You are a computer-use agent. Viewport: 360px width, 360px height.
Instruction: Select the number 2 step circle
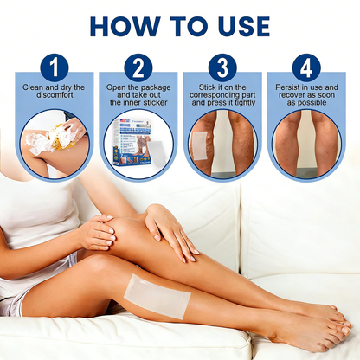tap(138, 67)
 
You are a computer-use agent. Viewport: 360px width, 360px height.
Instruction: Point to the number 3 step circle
tap(222, 67)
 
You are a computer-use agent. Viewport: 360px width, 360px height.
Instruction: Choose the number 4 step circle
tap(306, 67)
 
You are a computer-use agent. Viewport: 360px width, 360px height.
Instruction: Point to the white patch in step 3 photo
tap(200, 141)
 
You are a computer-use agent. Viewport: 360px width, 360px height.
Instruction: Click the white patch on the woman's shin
tap(156, 294)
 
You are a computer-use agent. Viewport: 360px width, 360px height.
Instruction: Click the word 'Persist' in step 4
tap(291, 88)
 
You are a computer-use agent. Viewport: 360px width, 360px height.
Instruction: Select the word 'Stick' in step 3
tap(204, 88)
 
